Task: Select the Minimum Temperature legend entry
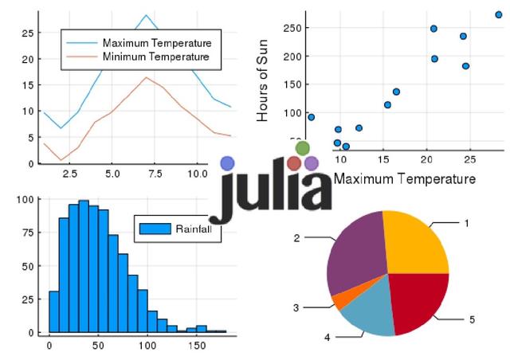(156, 57)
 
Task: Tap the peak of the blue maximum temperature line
(146, 15)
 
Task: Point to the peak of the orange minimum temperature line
(146, 77)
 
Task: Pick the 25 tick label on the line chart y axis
(28, 33)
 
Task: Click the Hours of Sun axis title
(264, 82)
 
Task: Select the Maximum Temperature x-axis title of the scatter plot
(404, 178)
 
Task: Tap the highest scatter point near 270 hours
(499, 14)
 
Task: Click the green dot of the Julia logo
(302, 148)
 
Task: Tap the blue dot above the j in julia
(227, 163)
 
